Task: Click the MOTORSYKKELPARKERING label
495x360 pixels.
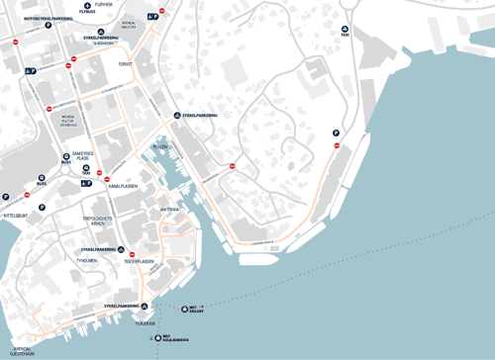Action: click(x=48, y=19)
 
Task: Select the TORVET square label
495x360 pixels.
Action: click(x=125, y=63)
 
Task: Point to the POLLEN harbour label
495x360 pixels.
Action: click(x=160, y=145)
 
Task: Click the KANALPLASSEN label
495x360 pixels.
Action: click(x=123, y=185)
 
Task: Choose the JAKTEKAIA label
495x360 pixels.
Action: click(x=169, y=210)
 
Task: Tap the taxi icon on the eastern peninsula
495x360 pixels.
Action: click(x=345, y=30)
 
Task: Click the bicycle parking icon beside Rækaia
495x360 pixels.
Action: click(x=144, y=307)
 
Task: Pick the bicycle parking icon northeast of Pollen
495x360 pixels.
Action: click(x=176, y=115)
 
